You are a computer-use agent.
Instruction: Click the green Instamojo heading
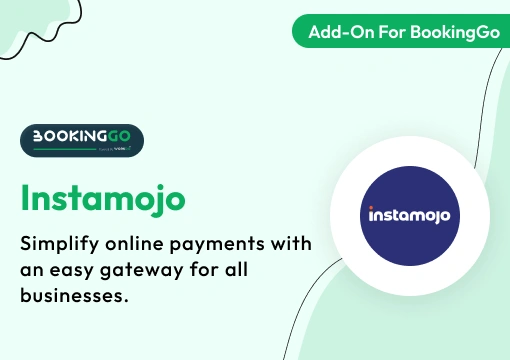coord(102,196)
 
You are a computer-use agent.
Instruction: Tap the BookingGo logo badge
coord(82,141)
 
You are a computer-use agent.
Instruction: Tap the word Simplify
coord(62,245)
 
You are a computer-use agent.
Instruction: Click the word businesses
coord(74,298)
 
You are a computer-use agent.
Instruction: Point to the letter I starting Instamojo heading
coord(25,196)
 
